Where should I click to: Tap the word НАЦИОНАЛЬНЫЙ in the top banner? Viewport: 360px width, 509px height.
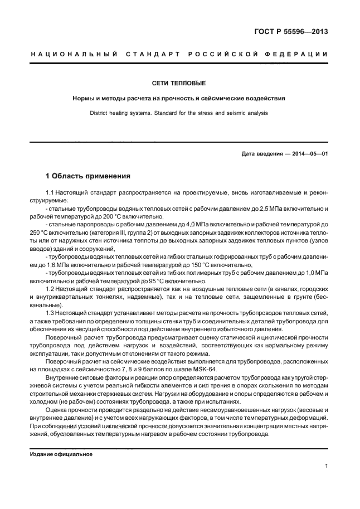(x=73, y=55)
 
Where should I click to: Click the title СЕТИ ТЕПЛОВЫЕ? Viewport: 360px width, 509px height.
(x=179, y=84)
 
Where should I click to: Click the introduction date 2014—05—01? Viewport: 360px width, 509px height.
(x=308, y=153)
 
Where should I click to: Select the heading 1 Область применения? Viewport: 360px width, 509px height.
(x=87, y=176)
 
